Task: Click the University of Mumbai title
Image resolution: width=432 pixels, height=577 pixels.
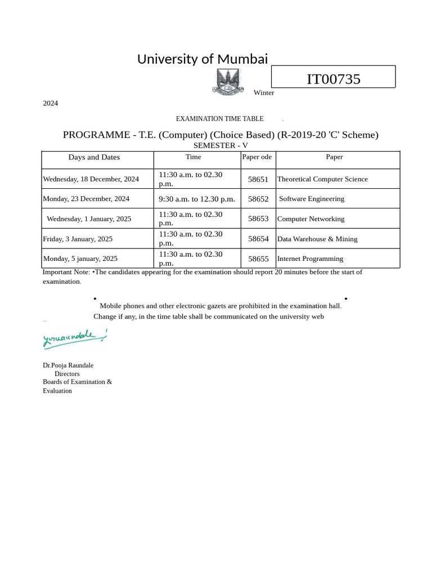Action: coord(202,59)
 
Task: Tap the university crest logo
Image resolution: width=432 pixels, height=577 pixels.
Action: coord(227,82)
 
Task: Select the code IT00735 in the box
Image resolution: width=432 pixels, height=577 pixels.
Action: coord(333,79)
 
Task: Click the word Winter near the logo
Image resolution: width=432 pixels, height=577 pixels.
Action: coord(263,93)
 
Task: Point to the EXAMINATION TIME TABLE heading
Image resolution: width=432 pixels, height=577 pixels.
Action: coord(219,119)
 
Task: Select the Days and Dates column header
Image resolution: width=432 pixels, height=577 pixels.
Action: coord(94,157)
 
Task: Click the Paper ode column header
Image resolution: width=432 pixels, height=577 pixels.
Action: coord(256,157)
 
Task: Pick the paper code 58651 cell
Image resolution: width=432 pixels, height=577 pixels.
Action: coord(258,179)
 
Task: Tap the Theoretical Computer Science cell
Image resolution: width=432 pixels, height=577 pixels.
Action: coord(322,179)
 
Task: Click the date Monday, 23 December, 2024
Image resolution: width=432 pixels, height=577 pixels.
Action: coord(86,199)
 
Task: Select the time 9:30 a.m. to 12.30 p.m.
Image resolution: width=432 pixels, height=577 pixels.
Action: coord(197,199)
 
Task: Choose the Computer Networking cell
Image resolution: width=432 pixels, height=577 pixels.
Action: coord(310,219)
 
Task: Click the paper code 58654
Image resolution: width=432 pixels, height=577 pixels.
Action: coord(258,239)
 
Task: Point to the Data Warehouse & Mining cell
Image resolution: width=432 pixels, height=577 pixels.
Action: coord(317,239)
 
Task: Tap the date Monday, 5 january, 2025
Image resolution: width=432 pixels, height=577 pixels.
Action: coord(80,259)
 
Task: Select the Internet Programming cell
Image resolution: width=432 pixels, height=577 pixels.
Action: coord(310,259)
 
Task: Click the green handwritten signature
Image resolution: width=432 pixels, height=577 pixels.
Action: coord(73,339)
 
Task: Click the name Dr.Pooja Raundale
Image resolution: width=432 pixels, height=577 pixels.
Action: coord(68,365)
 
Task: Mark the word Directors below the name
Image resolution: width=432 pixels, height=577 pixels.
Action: coord(67,374)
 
